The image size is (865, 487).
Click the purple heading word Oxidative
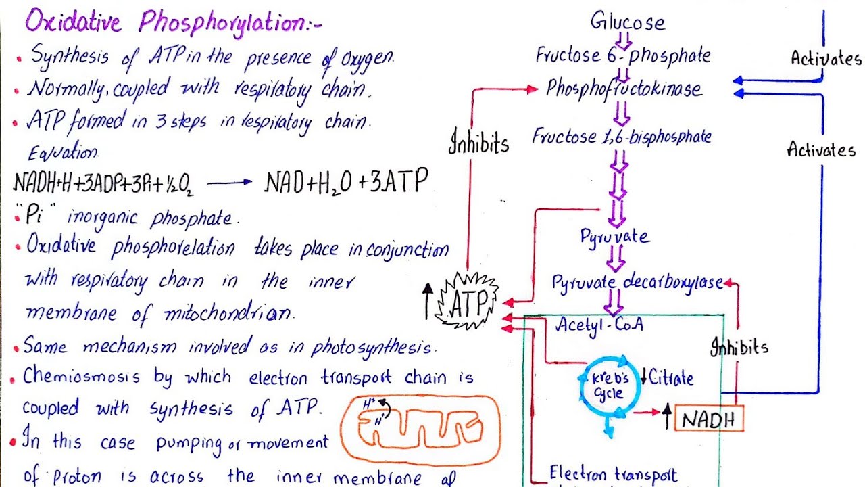pyautogui.click(x=74, y=22)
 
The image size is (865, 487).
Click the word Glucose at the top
pyautogui.click(x=628, y=22)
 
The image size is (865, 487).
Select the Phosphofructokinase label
pyautogui.click(x=624, y=89)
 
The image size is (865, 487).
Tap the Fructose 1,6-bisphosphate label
pyautogui.click(x=622, y=137)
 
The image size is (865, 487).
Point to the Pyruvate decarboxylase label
pyautogui.click(x=637, y=283)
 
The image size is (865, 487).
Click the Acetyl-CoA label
pyautogui.click(x=599, y=325)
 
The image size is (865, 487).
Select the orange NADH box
pyautogui.click(x=708, y=419)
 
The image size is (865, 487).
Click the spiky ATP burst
pyautogui.click(x=468, y=302)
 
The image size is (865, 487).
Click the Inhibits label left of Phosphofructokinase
pyautogui.click(x=478, y=143)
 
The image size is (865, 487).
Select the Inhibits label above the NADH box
pyautogui.click(x=739, y=348)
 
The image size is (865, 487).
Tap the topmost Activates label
pyautogui.click(x=826, y=58)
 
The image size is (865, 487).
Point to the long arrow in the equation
pyautogui.click(x=229, y=182)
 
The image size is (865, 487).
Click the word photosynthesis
pyautogui.click(x=371, y=348)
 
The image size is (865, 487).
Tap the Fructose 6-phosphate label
pyautogui.click(x=622, y=55)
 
